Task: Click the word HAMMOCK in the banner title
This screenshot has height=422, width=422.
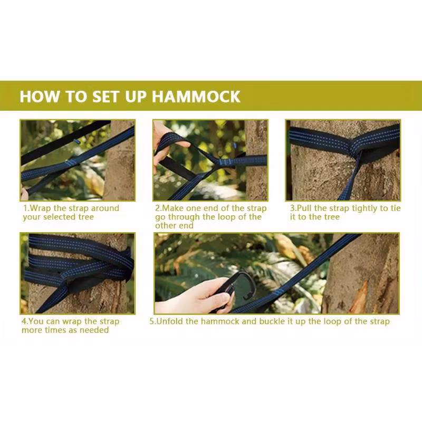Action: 196,97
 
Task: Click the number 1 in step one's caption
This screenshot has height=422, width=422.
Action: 25,208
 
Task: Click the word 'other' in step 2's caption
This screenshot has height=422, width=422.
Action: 165,226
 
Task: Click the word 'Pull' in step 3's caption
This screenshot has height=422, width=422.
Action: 304,208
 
